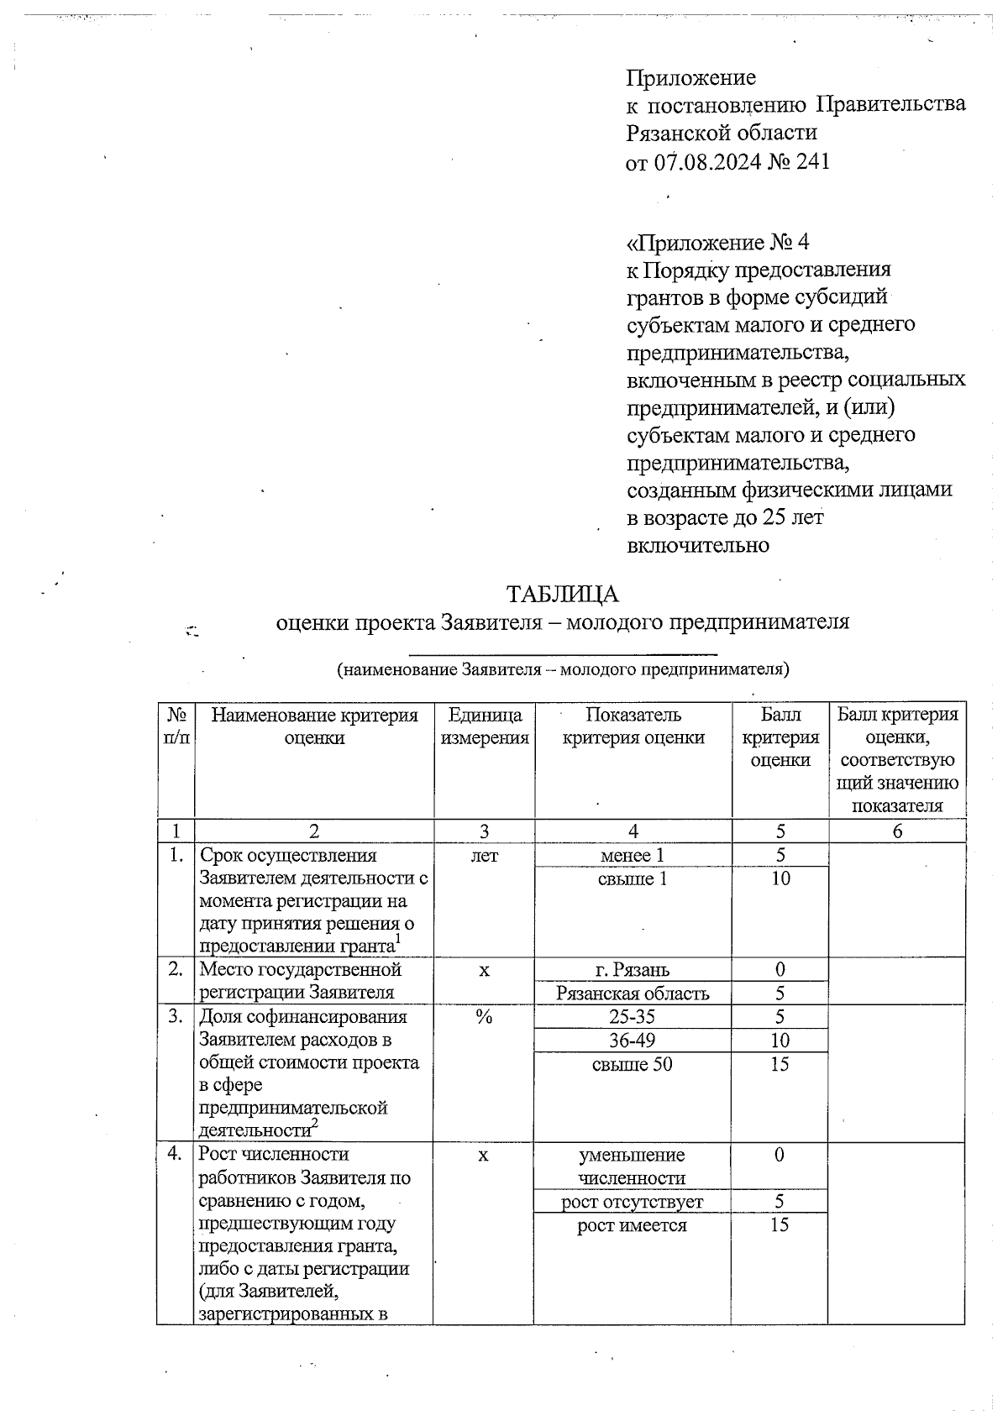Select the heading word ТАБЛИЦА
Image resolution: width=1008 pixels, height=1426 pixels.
(562, 594)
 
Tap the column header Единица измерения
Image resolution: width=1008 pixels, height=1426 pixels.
(485, 726)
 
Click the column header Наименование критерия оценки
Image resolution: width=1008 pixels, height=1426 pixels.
(314, 726)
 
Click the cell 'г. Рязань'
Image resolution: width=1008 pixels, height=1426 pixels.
(633, 970)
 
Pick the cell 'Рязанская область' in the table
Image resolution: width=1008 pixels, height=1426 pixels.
(633, 993)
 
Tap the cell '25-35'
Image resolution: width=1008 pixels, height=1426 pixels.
(633, 1016)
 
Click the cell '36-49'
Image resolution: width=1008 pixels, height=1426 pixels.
(633, 1040)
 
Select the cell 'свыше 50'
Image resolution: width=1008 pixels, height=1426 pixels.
(633, 1064)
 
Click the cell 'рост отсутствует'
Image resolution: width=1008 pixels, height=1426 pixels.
(633, 1202)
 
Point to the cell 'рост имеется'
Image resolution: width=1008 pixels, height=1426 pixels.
(633, 1225)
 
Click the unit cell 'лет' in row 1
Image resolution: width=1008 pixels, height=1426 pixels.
(485, 855)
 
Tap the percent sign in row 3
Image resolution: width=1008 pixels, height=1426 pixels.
(484, 1016)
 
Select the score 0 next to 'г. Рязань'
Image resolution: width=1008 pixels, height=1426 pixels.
(780, 970)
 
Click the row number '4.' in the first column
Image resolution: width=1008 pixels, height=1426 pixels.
(176, 1154)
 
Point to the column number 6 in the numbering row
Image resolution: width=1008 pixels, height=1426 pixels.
(897, 831)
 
